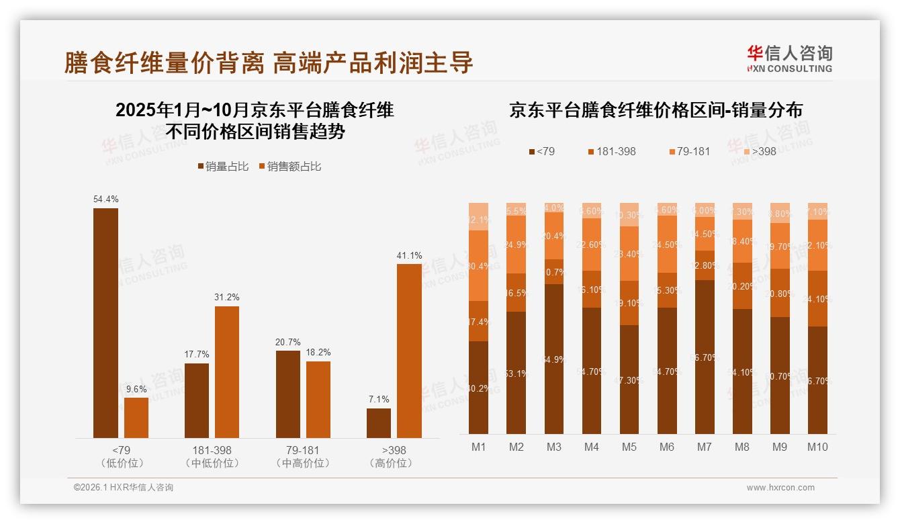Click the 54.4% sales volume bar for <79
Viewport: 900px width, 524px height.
pyautogui.click(x=105, y=323)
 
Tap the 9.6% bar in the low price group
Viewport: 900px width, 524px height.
pyautogui.click(x=136, y=418)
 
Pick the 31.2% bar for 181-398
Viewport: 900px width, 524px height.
pyautogui.click(x=227, y=372)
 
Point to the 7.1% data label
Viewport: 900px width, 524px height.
pyautogui.click(x=379, y=399)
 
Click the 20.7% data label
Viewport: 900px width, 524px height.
pyautogui.click(x=287, y=342)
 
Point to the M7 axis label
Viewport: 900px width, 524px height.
pyautogui.click(x=705, y=447)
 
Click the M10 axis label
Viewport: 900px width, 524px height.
pyautogui.click(x=817, y=447)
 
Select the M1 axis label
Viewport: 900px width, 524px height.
pyautogui.click(x=479, y=447)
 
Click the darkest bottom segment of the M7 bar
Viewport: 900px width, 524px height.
pyautogui.click(x=705, y=357)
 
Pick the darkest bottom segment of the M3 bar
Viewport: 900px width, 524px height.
pyautogui.click(x=554, y=359)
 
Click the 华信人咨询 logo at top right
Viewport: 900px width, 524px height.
pyautogui.click(x=789, y=58)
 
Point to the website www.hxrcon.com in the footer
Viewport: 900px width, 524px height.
pyautogui.click(x=780, y=488)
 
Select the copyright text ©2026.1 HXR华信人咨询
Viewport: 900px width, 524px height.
pyautogui.click(x=124, y=488)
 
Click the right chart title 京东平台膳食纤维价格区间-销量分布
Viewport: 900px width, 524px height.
pyautogui.click(x=656, y=110)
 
